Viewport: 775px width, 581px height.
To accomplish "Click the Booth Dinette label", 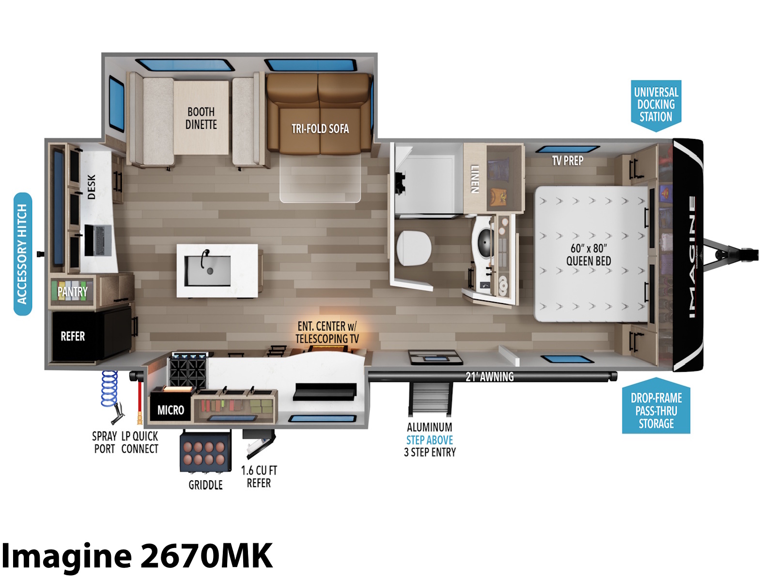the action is (201, 118).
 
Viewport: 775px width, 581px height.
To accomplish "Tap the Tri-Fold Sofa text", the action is (320, 129).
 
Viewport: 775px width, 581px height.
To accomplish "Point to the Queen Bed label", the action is (589, 255).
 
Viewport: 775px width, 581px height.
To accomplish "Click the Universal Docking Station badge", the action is (656, 106).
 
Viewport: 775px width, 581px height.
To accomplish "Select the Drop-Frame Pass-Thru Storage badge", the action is (656, 406).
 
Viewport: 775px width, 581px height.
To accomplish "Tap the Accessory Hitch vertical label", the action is (23, 254).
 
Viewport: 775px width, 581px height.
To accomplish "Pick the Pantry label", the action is (72, 292).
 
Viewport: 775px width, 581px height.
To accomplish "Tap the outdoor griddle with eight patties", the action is (205, 452).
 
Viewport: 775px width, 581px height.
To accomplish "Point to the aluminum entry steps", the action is (430, 398).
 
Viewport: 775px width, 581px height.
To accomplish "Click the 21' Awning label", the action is (490, 377).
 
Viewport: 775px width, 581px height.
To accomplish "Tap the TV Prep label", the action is (567, 161).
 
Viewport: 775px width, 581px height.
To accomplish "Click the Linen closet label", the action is (475, 179).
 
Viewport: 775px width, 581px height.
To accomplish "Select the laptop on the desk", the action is (98, 241).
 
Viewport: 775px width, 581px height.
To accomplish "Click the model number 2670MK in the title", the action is (206, 556).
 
